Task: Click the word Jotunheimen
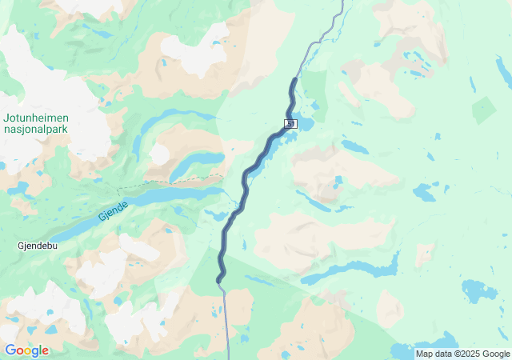pos(34,117)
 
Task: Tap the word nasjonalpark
pos(34,128)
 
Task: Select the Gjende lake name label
pos(113,211)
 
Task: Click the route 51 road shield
pos(289,123)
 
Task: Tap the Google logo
pos(26,350)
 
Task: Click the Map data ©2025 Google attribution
pos(462,354)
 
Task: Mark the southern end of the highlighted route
pos(218,280)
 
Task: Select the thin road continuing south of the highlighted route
pos(227,320)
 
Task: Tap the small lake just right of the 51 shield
pos(308,126)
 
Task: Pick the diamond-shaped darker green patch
pos(483,110)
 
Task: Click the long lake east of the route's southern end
pos(352,269)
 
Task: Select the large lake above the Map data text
pos(478,290)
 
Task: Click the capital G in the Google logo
pos(10,350)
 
